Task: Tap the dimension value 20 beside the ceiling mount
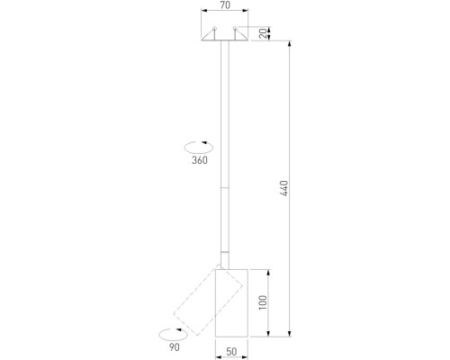pyautogui.click(x=263, y=33)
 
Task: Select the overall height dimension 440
pyautogui.click(x=283, y=188)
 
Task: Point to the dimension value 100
pyautogui.click(x=263, y=302)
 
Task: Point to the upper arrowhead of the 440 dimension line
pyautogui.click(x=289, y=43)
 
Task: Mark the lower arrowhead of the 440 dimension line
pyautogui.click(x=289, y=335)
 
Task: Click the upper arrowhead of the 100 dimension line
pyautogui.click(x=268, y=271)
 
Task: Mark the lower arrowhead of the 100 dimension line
pyautogui.click(x=268, y=335)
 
